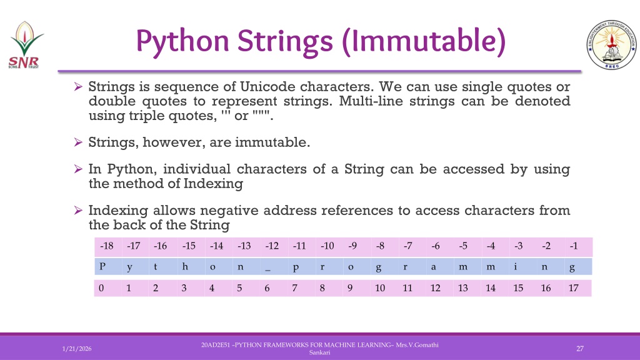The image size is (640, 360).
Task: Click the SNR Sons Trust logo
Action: click(25, 45)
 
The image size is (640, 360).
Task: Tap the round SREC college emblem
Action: click(611, 44)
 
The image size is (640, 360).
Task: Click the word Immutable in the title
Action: click(424, 41)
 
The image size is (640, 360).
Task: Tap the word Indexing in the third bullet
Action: click(213, 184)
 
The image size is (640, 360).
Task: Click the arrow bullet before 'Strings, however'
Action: click(78, 142)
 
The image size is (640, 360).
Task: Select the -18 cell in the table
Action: click(108, 246)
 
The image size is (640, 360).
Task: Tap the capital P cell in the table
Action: click(108, 266)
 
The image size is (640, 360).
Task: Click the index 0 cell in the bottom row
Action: click(108, 288)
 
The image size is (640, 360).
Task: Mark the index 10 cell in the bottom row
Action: click(384, 288)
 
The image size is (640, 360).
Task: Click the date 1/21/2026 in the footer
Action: click(77, 349)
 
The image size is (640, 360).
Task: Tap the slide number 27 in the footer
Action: click(579, 349)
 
